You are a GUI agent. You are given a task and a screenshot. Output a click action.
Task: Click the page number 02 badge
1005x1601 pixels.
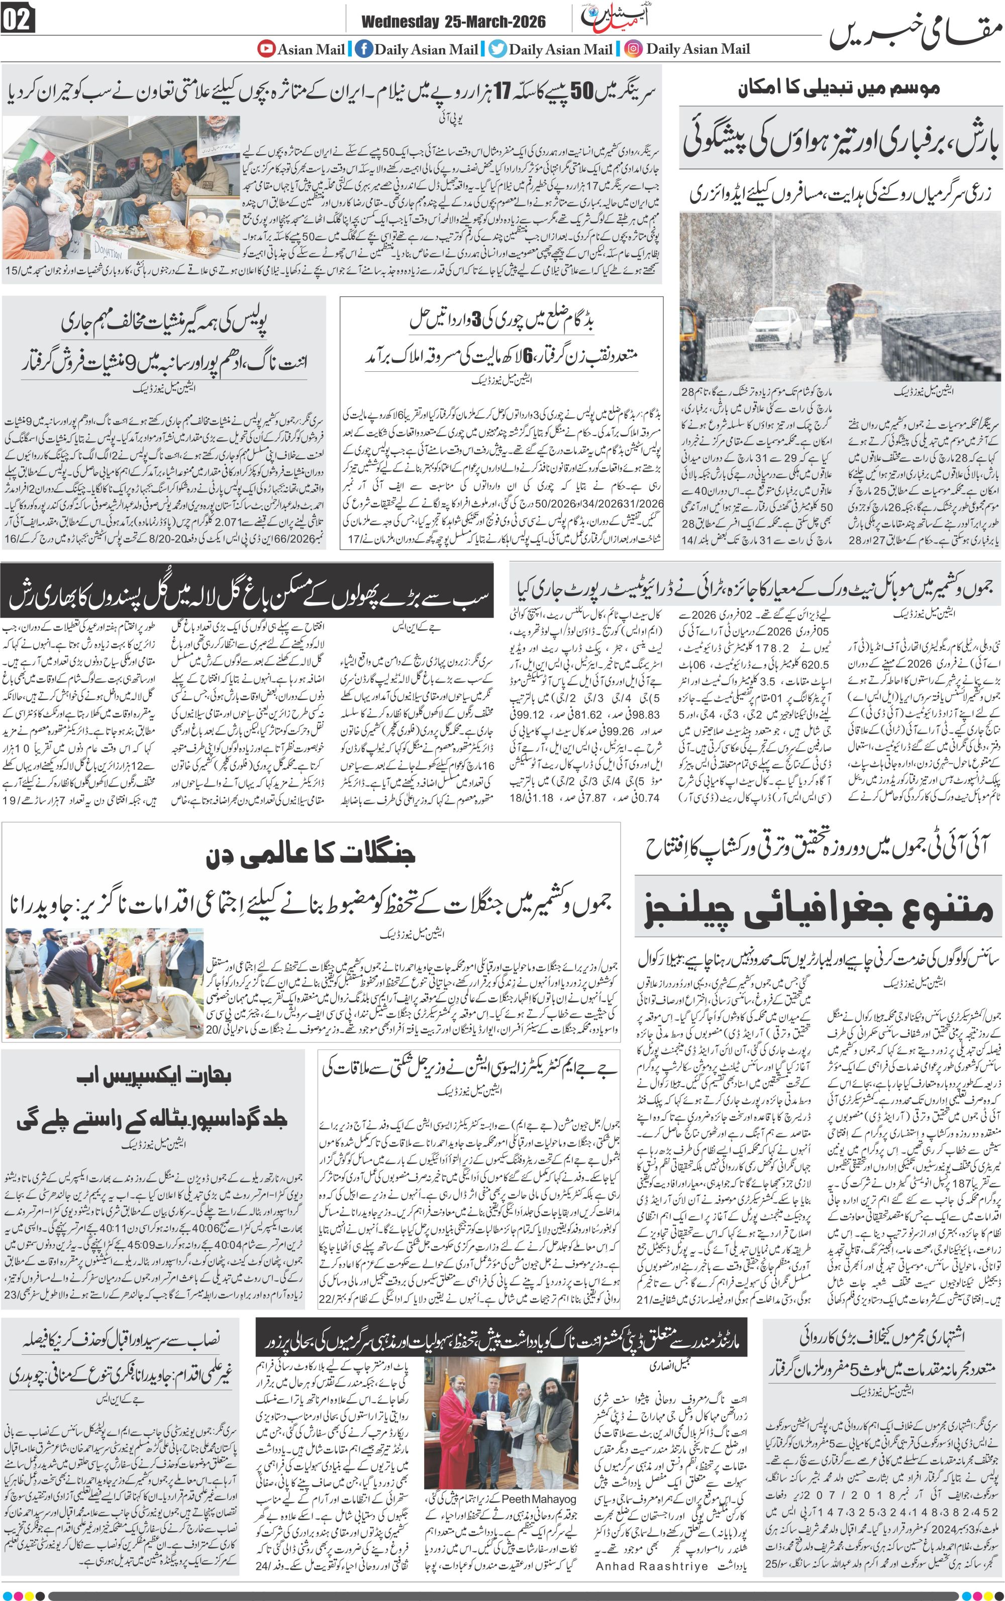click(18, 21)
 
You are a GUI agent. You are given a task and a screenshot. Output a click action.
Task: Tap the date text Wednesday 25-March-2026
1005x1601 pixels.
click(453, 22)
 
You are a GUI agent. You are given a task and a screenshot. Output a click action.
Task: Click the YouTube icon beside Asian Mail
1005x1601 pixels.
click(266, 49)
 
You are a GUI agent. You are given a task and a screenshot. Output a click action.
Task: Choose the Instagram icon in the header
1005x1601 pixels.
click(634, 49)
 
